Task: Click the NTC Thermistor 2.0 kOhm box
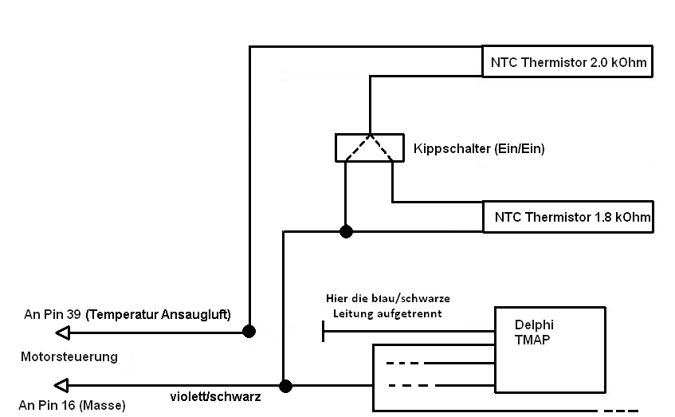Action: click(x=567, y=61)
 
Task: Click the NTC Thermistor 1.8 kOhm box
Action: click(x=567, y=216)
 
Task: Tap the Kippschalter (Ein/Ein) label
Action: click(x=479, y=148)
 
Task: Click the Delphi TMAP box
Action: click(x=550, y=349)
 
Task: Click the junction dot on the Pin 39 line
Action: click(x=249, y=331)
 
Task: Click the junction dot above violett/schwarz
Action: click(x=285, y=386)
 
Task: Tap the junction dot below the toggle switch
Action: click(x=345, y=231)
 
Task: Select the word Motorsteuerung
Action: click(x=69, y=356)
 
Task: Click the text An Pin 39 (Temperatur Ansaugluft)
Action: click(x=128, y=314)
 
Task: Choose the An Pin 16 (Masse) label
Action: click(x=73, y=405)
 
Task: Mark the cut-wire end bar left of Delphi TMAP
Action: click(x=324, y=330)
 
